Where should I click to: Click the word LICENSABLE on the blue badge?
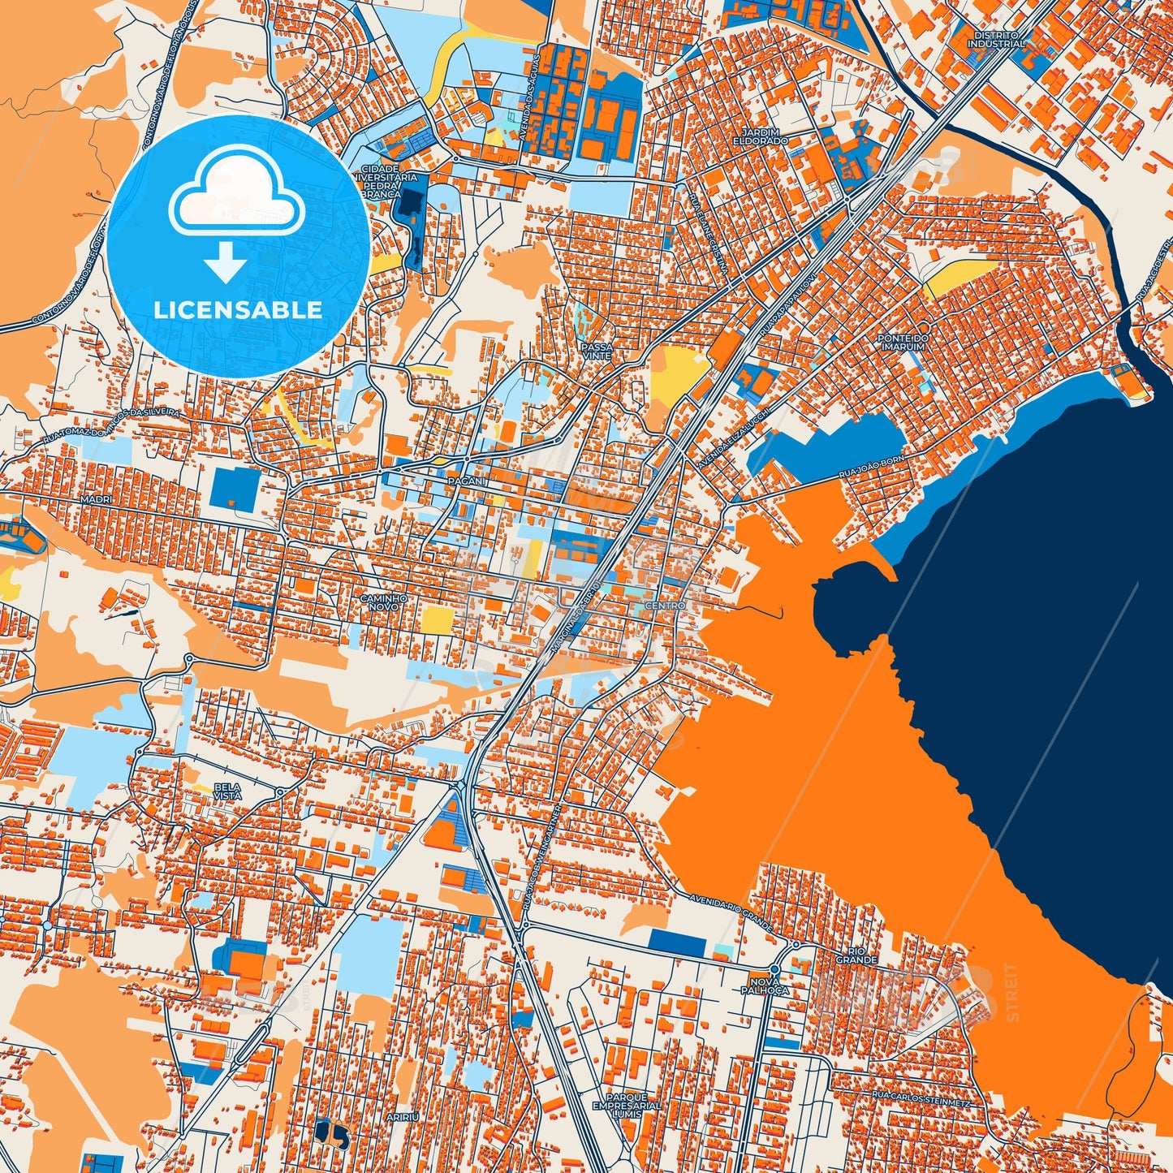(238, 310)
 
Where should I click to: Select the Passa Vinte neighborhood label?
(597, 351)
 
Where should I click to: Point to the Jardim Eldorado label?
(765, 136)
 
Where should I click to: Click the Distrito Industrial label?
(996, 40)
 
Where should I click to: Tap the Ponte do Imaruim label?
(903, 343)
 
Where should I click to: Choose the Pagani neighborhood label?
(465, 481)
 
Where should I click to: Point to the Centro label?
(665, 606)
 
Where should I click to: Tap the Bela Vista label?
(227, 791)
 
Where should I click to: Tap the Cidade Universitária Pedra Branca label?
(380, 184)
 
